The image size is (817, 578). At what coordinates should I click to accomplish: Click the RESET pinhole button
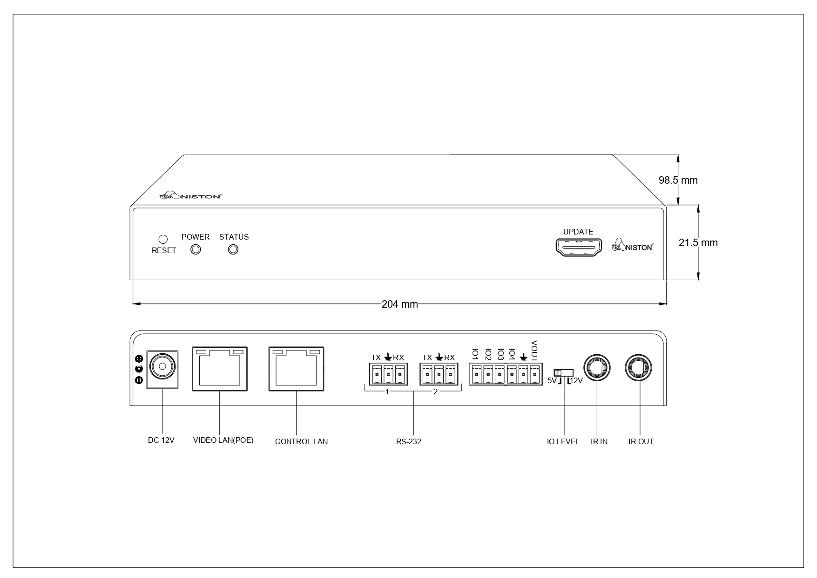pos(163,239)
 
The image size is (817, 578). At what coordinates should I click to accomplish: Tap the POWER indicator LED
pos(196,249)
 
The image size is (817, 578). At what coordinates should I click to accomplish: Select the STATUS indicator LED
pos(233,249)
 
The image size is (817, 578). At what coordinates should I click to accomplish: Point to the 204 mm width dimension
pos(399,304)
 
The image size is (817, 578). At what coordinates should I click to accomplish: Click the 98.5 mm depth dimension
pos(678,180)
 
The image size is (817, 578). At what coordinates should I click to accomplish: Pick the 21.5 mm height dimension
pos(698,243)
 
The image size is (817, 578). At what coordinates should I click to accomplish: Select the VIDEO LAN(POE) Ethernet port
pos(219,369)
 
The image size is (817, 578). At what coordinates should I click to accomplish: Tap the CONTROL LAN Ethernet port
pos(296,369)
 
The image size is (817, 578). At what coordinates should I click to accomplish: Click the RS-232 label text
pos(408,441)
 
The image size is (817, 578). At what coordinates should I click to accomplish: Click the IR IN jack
pos(596,368)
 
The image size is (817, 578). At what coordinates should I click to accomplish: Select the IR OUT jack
pos(639,368)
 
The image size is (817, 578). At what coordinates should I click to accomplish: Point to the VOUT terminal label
pos(534,351)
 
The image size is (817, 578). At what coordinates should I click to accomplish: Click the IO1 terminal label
pos(475,354)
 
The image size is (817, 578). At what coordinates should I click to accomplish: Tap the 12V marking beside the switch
pos(576,381)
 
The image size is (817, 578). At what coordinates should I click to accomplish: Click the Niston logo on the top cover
pos(191,196)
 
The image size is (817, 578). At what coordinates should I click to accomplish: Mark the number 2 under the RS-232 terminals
pos(436,392)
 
